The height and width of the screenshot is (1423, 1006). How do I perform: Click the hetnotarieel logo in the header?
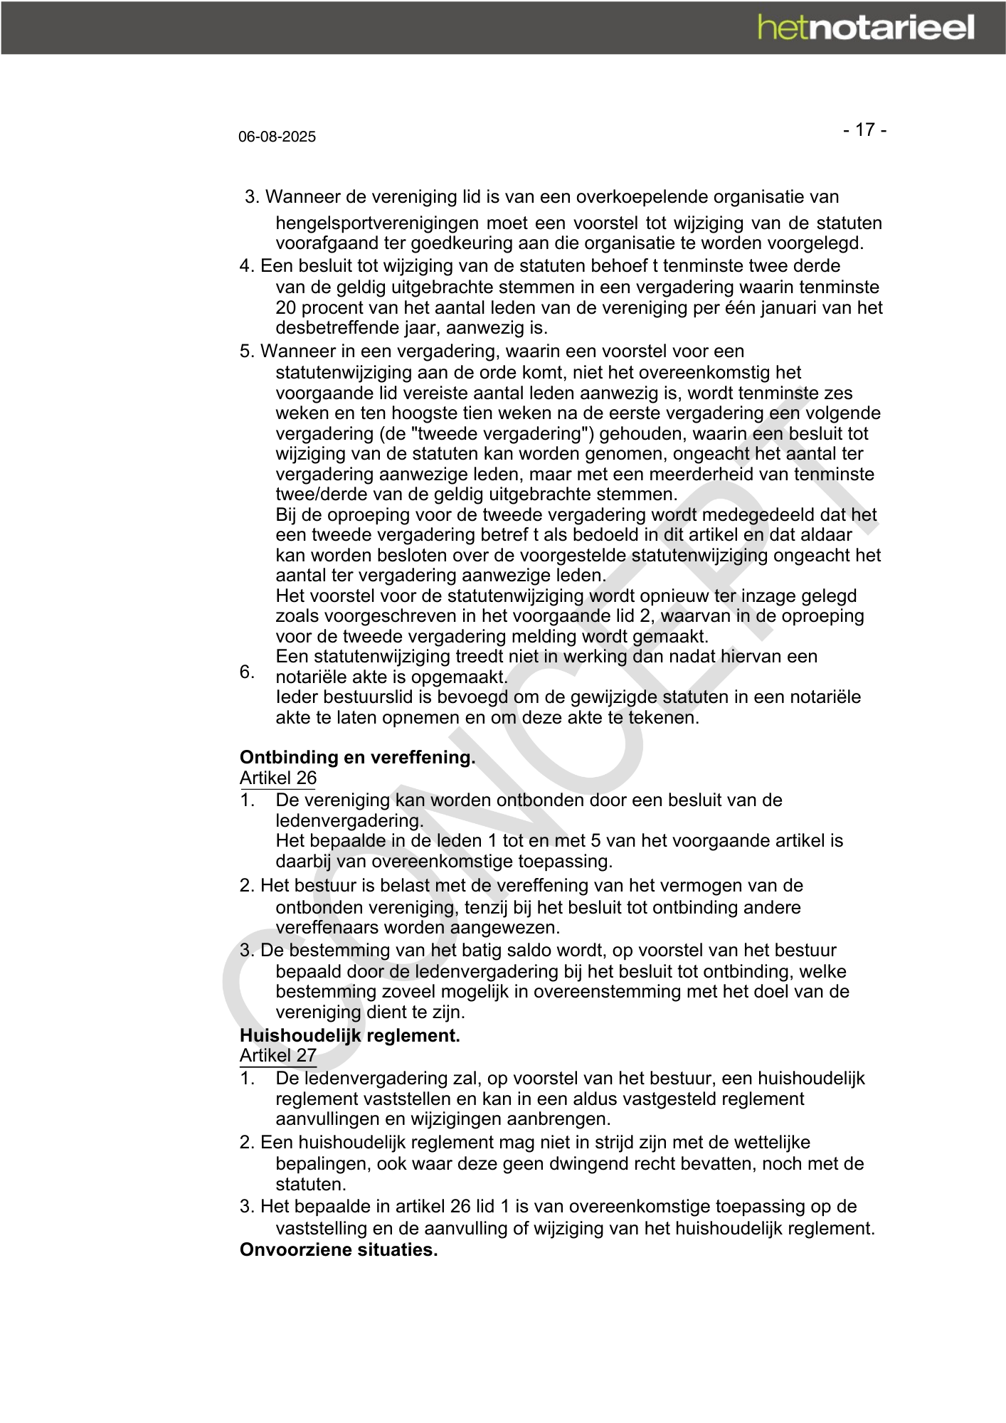pyautogui.click(x=865, y=28)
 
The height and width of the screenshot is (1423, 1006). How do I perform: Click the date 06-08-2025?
pyautogui.click(x=277, y=137)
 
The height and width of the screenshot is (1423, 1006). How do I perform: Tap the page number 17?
pyautogui.click(x=864, y=129)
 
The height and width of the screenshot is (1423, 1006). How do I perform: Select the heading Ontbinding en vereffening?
pyautogui.click(x=357, y=757)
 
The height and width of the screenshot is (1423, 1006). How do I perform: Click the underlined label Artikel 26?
pyautogui.click(x=277, y=778)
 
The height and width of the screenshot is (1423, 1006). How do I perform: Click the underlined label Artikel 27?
pyautogui.click(x=277, y=1055)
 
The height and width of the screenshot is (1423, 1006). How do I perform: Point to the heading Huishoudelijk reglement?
pyautogui.click(x=349, y=1035)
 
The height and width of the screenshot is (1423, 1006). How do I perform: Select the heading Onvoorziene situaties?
pyautogui.click(x=338, y=1249)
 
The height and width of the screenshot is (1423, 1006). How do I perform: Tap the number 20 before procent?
pyautogui.click(x=285, y=307)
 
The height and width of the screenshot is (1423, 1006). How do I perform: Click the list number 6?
pyautogui.click(x=246, y=672)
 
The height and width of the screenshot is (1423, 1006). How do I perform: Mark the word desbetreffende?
pyautogui.click(x=342, y=328)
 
